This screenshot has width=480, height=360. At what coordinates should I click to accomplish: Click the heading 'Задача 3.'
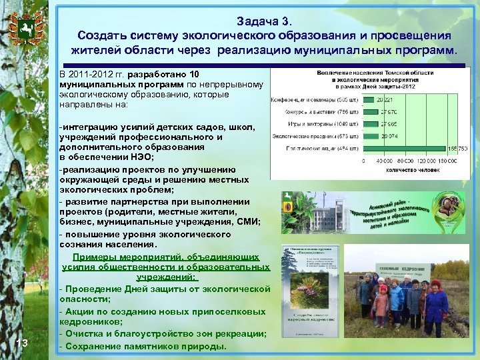click(x=264, y=21)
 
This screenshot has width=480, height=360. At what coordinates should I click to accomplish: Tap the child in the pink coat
click(x=381, y=303)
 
